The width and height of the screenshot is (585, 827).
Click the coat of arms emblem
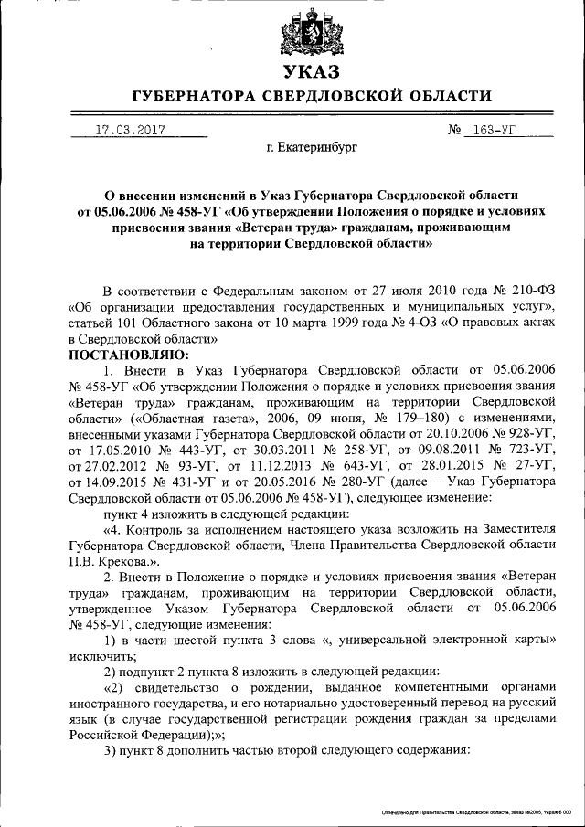[311, 32]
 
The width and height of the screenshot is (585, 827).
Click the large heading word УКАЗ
[311, 71]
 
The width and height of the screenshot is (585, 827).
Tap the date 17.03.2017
[130, 130]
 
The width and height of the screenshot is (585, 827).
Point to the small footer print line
[474, 811]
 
